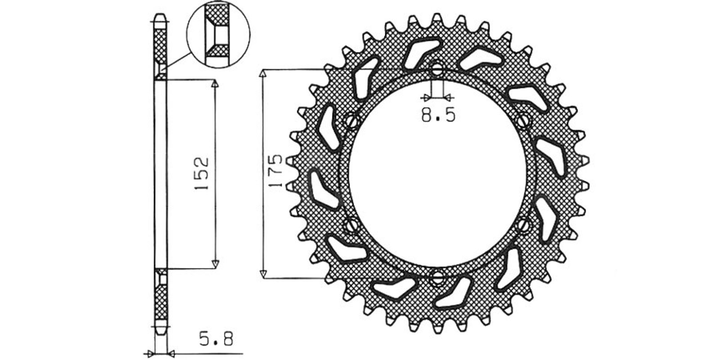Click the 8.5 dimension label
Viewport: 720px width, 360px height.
(438, 115)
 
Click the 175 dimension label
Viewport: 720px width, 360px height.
(276, 171)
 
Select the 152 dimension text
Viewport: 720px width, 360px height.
(202, 174)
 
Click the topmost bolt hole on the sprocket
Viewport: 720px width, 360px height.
(437, 69)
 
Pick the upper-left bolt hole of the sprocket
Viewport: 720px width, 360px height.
(352, 121)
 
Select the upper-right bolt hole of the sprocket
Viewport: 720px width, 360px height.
(522, 121)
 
